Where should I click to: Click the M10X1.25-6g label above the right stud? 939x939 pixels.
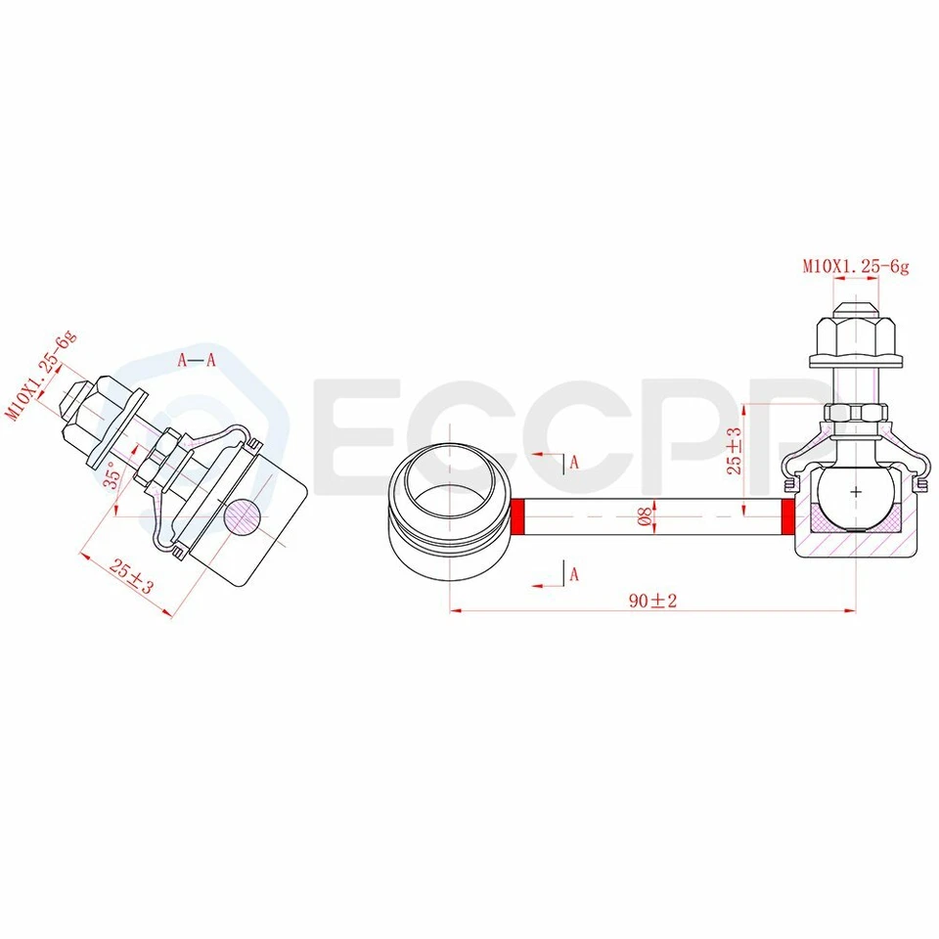click(856, 265)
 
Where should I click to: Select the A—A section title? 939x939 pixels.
click(196, 360)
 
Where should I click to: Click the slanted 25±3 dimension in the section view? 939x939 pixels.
click(131, 576)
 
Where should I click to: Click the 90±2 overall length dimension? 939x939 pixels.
click(652, 601)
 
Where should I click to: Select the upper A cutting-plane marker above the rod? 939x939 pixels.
click(574, 462)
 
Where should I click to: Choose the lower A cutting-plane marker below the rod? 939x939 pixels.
click(574, 574)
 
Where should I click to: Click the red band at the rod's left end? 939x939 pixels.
click(518, 515)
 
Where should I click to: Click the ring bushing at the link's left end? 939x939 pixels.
click(450, 514)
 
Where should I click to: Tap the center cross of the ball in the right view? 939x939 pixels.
click(856, 491)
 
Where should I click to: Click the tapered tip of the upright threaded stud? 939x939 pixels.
click(856, 305)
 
